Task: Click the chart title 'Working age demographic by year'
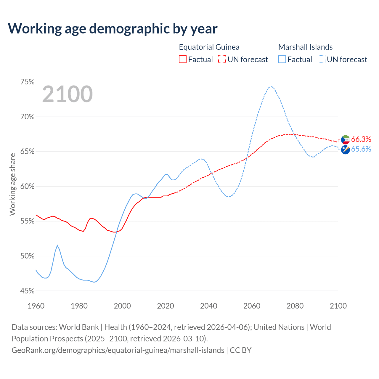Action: [x=113, y=28]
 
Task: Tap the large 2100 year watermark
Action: [x=68, y=94]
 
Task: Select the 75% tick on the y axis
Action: [x=27, y=82]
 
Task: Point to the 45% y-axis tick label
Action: [x=27, y=291]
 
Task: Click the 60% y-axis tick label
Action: [x=27, y=187]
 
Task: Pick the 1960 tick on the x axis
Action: [x=36, y=306]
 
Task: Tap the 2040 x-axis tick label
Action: [x=208, y=306]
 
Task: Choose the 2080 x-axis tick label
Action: [x=295, y=306]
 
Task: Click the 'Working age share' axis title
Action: [x=12, y=184]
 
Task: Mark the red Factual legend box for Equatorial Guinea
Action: [x=183, y=60]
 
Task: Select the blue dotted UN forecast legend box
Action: [x=322, y=60]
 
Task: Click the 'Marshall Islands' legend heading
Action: [x=305, y=47]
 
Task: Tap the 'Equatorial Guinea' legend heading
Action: [x=209, y=47]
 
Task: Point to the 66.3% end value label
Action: [x=361, y=139]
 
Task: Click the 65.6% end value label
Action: [x=361, y=149]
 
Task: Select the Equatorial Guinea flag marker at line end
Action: [x=346, y=140]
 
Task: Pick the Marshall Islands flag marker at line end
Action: [x=346, y=150]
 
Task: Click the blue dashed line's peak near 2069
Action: [x=271, y=86]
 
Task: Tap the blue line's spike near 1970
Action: [x=57, y=245]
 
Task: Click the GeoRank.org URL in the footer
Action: [x=118, y=350]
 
